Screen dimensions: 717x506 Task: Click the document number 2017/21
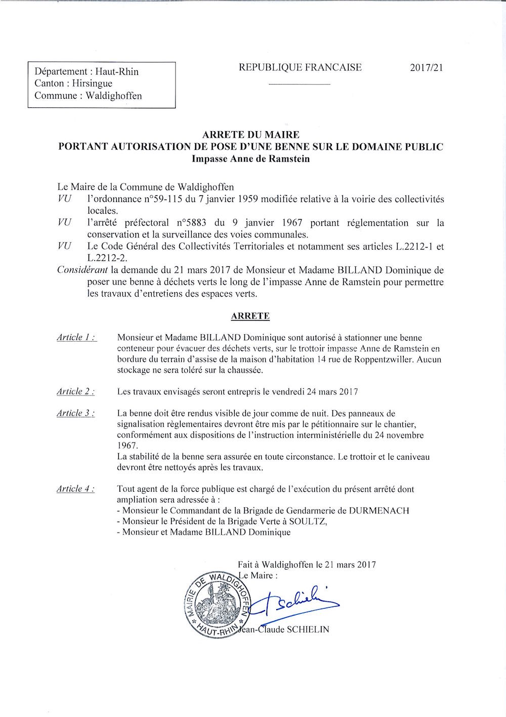click(427, 68)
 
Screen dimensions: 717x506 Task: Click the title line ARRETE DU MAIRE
click(250, 135)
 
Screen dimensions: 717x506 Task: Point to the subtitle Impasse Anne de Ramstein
click(250, 158)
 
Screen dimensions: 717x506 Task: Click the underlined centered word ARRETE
click(250, 316)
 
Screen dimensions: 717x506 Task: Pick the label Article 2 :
click(77, 391)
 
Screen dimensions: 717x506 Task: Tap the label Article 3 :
click(77, 413)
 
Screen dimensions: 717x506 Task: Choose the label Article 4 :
click(77, 489)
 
